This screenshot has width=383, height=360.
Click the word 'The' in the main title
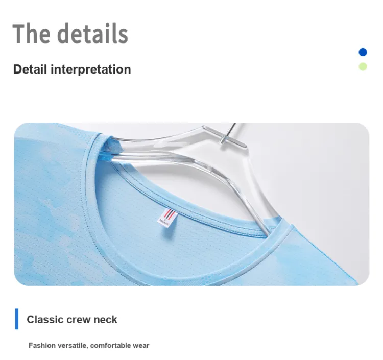point(32,34)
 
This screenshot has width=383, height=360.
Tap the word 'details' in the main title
point(92,34)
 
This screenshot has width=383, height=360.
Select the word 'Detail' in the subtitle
point(30,69)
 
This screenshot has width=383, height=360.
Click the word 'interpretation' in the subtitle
point(90,69)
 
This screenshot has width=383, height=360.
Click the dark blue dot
point(363,52)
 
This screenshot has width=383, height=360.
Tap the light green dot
point(363,67)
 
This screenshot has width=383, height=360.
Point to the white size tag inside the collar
point(167,218)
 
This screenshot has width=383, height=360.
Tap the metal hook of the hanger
point(229,133)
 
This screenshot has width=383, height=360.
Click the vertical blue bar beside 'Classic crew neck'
point(17,319)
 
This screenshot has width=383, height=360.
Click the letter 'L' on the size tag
point(165,219)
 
